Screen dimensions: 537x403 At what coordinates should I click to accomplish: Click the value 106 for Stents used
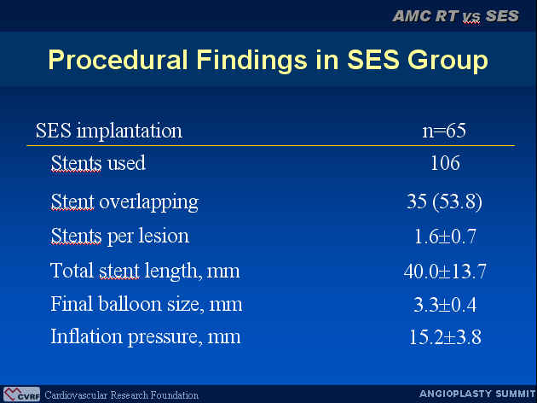point(445,163)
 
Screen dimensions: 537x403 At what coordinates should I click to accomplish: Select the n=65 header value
point(444,131)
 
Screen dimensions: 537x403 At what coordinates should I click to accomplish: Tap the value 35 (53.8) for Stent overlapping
point(444,201)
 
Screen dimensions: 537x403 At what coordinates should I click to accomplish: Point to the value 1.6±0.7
point(445,237)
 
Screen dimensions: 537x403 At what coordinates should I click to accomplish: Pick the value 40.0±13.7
point(445,271)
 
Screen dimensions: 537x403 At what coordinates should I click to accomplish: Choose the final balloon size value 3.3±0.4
point(445,304)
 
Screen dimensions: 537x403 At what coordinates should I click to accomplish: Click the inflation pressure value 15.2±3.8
point(445,336)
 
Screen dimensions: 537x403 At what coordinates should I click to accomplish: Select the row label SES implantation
point(109,131)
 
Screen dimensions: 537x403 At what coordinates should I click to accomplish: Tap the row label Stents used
point(98,163)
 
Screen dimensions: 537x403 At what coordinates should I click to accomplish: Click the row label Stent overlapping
point(124,202)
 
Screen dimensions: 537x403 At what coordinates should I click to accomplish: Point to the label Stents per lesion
point(120,237)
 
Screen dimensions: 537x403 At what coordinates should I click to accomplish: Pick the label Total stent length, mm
point(145,272)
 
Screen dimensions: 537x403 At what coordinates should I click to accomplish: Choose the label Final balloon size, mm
point(147,304)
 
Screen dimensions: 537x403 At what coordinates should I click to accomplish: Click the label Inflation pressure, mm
point(146,336)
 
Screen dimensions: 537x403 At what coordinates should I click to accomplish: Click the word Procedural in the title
point(118,59)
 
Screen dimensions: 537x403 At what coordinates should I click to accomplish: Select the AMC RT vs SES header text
point(455,16)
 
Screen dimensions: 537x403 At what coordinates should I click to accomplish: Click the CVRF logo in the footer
point(21,394)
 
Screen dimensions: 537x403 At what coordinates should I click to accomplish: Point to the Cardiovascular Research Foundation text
point(122,395)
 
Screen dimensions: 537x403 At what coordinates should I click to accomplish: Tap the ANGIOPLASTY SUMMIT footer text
point(477,394)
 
